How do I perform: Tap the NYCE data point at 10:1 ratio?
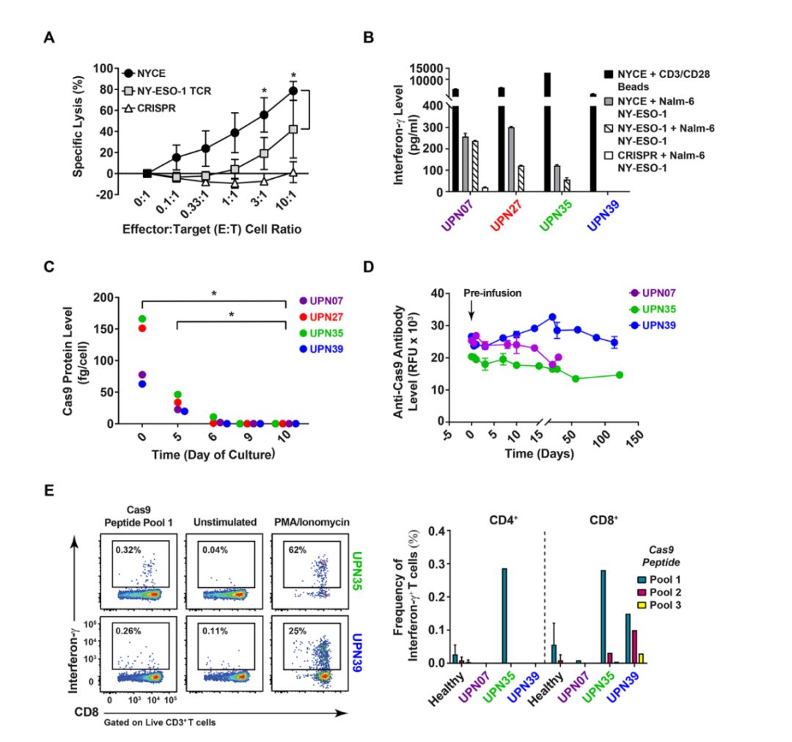[293, 91]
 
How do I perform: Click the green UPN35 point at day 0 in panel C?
[142, 318]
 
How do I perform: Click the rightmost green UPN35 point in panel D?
[620, 375]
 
